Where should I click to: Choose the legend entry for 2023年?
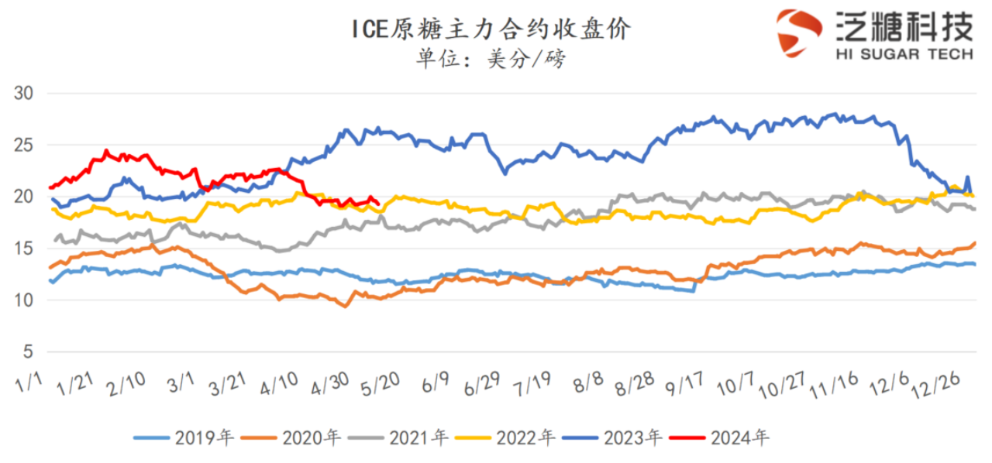click(612, 438)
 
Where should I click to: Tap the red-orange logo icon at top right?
click(799, 33)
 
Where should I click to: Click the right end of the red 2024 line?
click(377, 204)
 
